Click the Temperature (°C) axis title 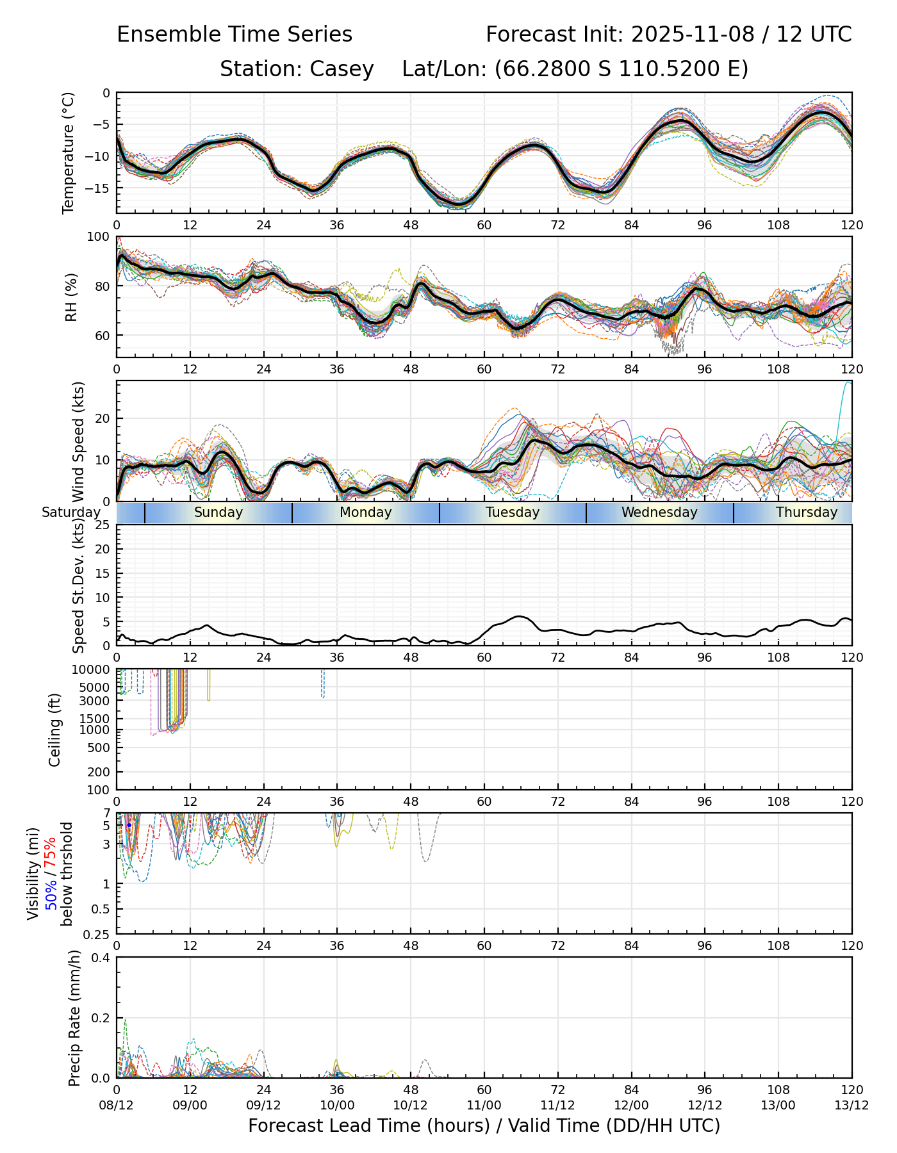69,152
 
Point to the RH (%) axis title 71,297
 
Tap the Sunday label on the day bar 218,512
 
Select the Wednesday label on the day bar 659,512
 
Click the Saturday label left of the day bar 71,512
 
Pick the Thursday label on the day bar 807,512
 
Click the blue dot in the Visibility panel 129,825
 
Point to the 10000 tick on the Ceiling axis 92,670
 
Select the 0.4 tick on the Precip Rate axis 101,958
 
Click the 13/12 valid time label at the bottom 852,1105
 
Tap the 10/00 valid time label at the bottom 337,1105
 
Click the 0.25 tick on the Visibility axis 97,934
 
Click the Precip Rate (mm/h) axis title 75,1017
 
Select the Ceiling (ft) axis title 55,730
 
